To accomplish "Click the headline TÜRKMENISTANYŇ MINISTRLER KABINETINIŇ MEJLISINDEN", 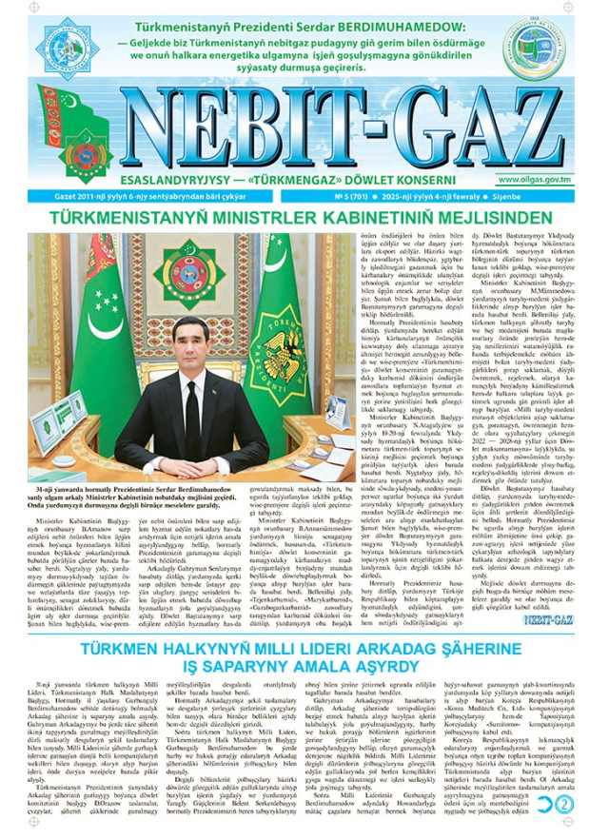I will coord(304,218).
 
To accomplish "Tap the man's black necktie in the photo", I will coord(191,410).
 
